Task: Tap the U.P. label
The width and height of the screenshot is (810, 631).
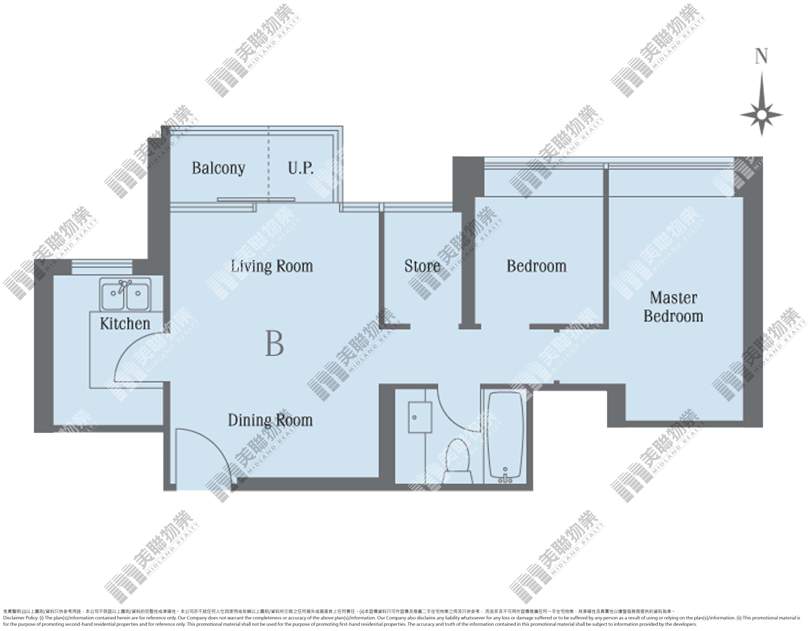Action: click(x=301, y=168)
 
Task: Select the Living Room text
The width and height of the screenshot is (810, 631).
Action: click(x=272, y=266)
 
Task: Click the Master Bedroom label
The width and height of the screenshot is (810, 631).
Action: click(x=673, y=307)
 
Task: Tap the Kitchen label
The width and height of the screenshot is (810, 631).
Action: click(x=125, y=324)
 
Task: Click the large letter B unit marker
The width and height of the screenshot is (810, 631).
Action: click(x=274, y=344)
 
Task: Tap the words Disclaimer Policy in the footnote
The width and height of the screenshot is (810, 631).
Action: click(x=20, y=618)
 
